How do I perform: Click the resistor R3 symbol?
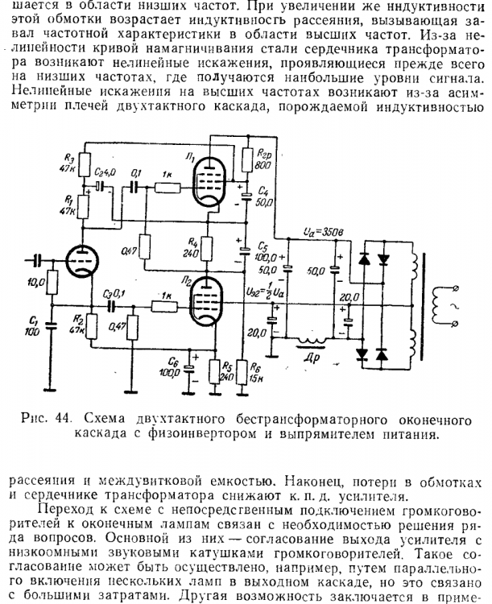85,162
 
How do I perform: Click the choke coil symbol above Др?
312,341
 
